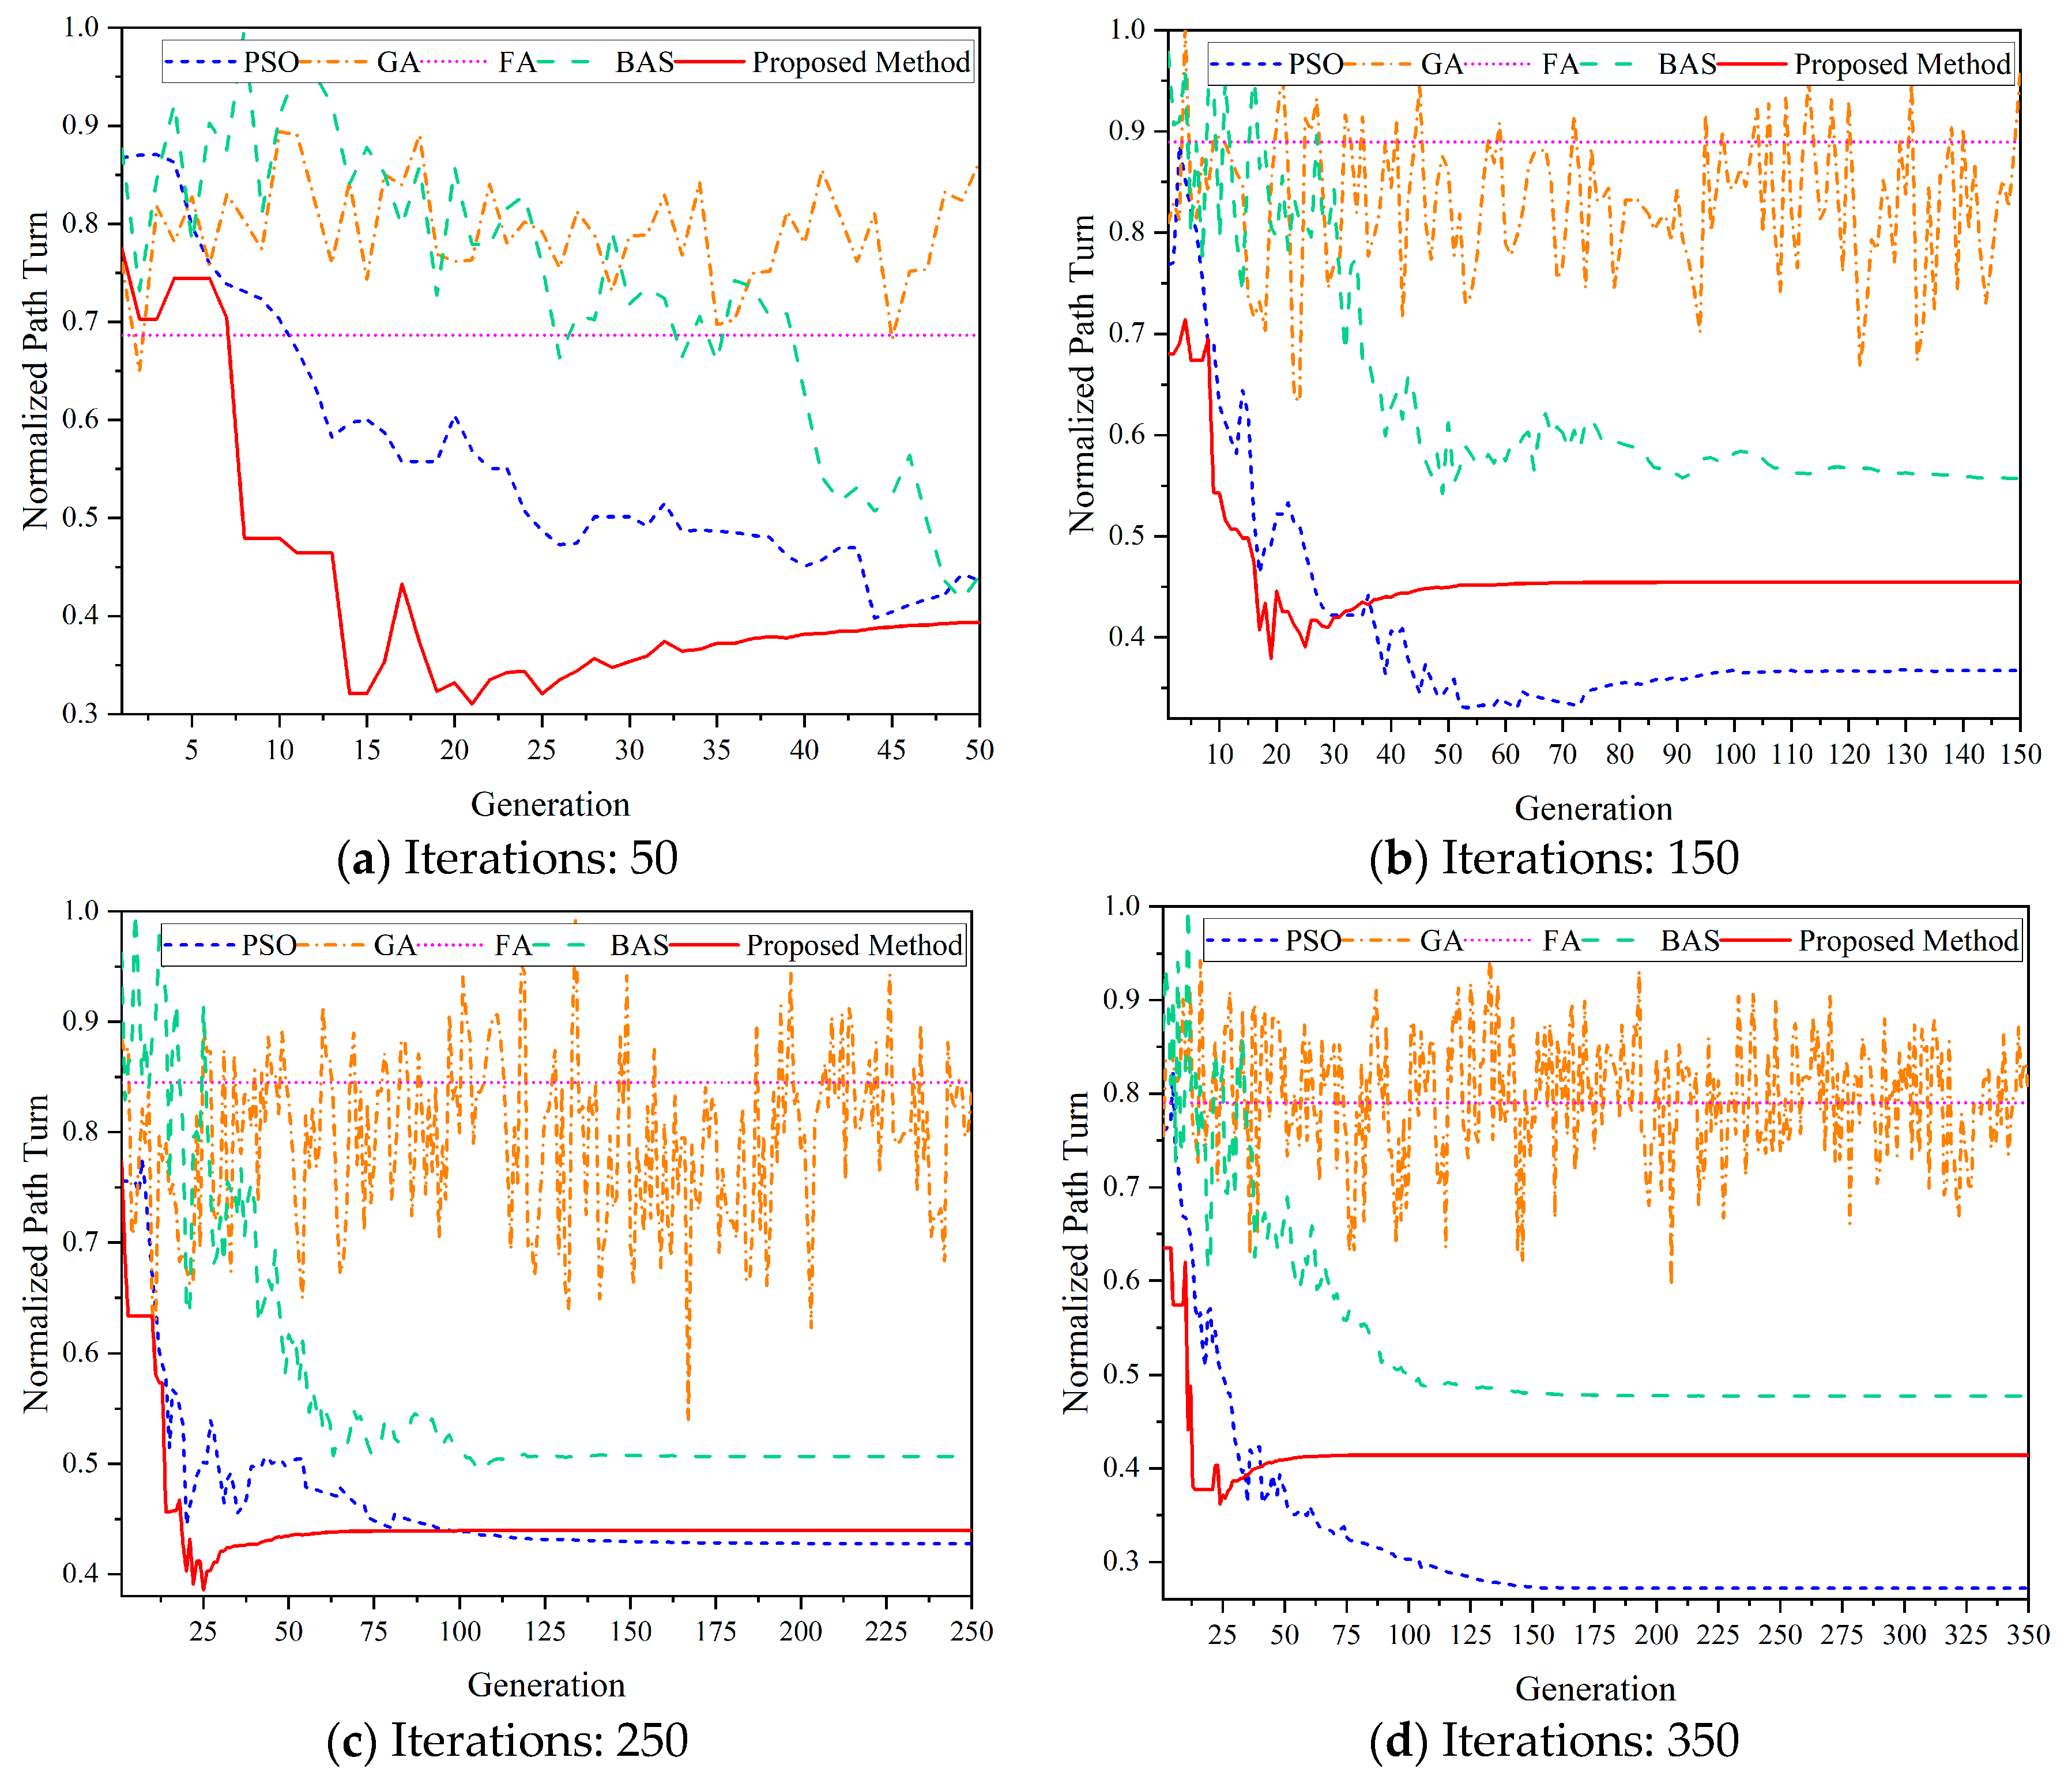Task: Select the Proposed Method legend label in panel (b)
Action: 1903,65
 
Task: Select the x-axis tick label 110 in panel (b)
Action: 1791,755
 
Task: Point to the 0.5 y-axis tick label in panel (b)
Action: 1128,536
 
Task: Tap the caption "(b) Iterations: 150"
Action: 1554,858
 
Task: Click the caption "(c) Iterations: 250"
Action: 507,1741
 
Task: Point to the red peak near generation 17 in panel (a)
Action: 402,584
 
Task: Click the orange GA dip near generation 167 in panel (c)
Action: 688,1417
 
